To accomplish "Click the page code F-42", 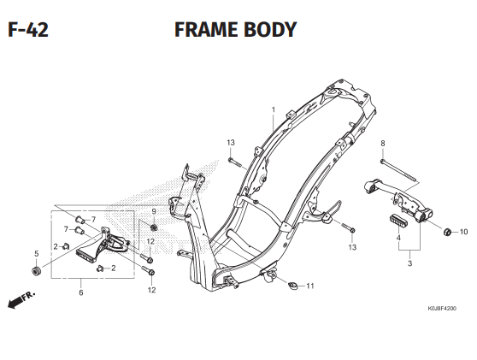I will coord(27,31).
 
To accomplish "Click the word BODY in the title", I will coord(271,31).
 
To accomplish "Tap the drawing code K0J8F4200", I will coord(442,309).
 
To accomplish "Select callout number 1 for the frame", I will coord(274,109).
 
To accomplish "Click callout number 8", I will coord(382,143).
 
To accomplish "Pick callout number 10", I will coord(463,232).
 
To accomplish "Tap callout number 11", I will coord(310,286).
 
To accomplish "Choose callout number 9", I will coord(155,211).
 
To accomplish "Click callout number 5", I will coord(36,253).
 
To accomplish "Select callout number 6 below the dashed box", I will coord(81,292).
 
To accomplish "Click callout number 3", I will coord(409,264).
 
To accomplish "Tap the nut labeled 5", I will coord(36,272).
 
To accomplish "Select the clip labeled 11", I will coord(291,286).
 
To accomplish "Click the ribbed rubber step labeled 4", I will coord(397,219).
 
